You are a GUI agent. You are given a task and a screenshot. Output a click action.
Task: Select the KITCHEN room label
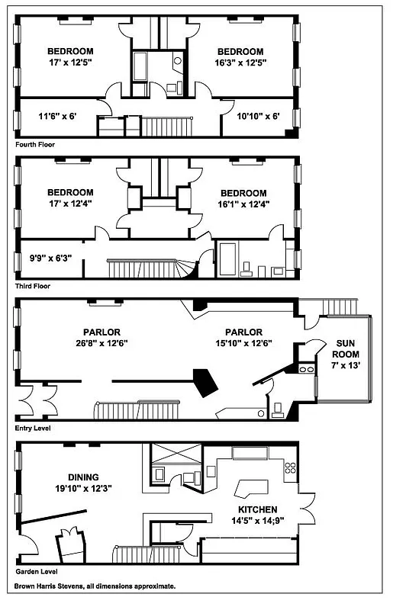[x=256, y=509]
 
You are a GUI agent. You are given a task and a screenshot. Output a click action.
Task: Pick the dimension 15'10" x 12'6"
[x=243, y=343]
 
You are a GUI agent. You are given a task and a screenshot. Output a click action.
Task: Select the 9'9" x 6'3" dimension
[x=45, y=258]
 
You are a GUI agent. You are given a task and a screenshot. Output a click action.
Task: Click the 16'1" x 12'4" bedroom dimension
[x=243, y=204]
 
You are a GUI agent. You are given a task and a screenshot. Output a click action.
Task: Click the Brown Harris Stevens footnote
[x=95, y=586]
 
